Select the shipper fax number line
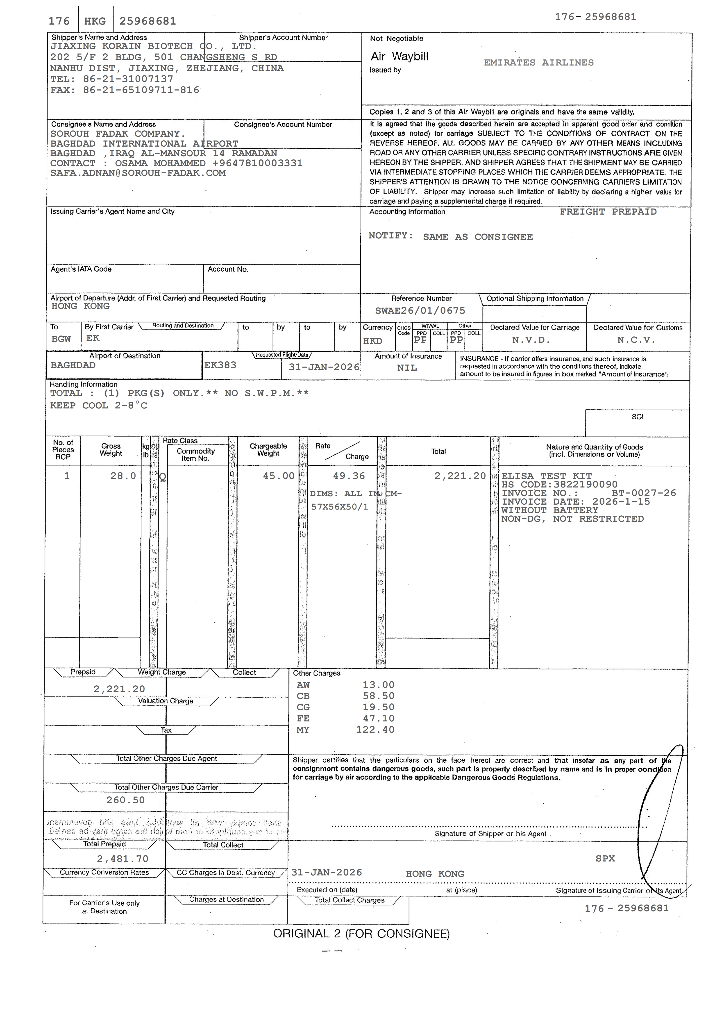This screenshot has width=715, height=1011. (125, 90)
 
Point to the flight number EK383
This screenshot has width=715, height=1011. (220, 365)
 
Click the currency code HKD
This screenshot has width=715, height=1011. (372, 341)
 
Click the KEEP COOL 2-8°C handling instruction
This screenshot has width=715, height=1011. (99, 406)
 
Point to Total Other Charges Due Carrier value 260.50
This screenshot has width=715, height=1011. (125, 800)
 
